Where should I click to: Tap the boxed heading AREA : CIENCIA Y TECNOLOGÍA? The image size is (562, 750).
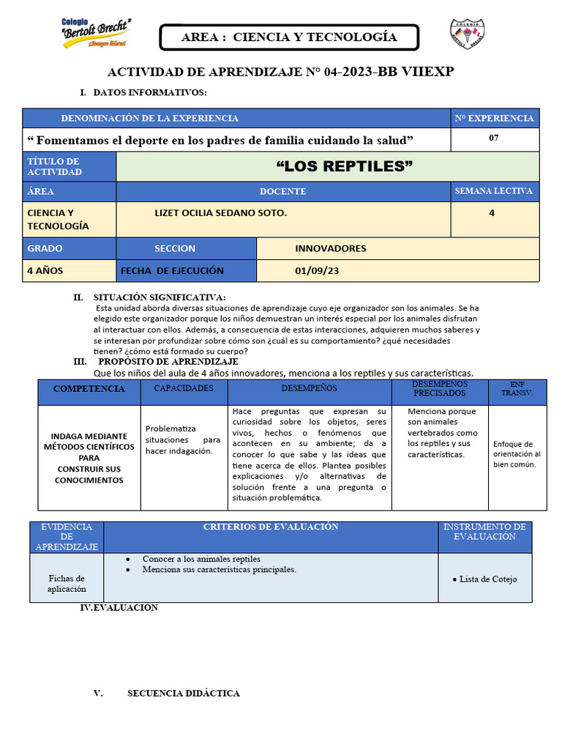click(289, 37)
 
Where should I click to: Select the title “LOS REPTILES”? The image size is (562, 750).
click(344, 167)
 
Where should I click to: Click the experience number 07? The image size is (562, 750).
click(494, 138)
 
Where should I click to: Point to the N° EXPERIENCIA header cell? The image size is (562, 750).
click(494, 118)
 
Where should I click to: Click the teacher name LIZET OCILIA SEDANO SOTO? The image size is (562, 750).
click(220, 212)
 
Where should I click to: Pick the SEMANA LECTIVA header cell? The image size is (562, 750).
click(494, 191)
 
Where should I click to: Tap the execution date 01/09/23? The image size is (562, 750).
click(317, 270)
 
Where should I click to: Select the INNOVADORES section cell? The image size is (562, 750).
click(330, 248)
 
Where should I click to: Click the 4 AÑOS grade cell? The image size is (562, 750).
click(45, 270)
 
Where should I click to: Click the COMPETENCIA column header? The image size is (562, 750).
click(89, 389)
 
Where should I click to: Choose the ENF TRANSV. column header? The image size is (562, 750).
click(517, 389)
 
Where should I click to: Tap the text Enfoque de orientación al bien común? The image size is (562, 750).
click(517, 454)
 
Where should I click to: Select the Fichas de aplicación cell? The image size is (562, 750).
click(67, 583)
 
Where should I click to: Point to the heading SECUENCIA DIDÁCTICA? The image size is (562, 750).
click(183, 693)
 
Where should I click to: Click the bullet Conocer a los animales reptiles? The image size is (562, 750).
click(201, 559)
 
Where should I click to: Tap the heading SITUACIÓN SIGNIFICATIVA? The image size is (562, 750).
click(160, 297)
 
